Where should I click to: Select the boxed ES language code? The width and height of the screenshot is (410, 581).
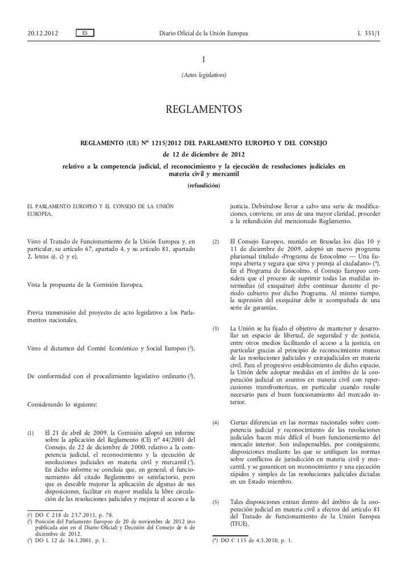click(x=85, y=33)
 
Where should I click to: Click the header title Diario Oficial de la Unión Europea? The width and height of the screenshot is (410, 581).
click(x=203, y=33)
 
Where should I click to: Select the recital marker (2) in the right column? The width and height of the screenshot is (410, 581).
click(x=215, y=242)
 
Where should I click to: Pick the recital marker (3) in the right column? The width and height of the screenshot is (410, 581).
click(x=215, y=329)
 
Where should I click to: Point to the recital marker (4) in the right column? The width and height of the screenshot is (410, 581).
click(x=215, y=422)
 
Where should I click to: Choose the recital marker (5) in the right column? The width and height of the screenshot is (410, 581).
click(x=215, y=502)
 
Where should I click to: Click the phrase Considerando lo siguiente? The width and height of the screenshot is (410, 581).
click(x=63, y=404)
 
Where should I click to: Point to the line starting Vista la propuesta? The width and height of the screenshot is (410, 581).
click(x=85, y=284)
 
